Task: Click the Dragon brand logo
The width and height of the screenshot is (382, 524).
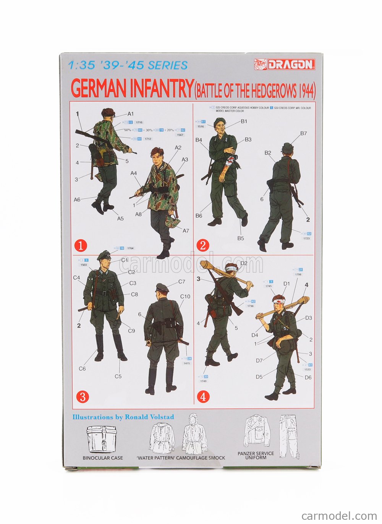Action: pos(285,64)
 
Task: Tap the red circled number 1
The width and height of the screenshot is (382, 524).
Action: pos(81,245)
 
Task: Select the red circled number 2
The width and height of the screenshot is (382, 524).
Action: pos(202,245)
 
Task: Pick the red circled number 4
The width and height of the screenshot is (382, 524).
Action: pos(203,397)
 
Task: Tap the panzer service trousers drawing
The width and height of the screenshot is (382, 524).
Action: pos(289,436)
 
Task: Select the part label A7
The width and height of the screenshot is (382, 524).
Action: pos(186,230)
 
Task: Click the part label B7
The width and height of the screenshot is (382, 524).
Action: pos(303,133)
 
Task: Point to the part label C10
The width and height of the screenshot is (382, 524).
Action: pos(185,296)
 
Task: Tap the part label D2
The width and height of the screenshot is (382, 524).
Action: pos(244,263)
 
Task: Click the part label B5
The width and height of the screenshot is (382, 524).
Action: pos(240,238)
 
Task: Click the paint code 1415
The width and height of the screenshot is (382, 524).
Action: pos(187,363)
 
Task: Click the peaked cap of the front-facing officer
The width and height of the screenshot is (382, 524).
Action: pos(104,255)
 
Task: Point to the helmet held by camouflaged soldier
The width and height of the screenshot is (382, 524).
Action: pos(171,222)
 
